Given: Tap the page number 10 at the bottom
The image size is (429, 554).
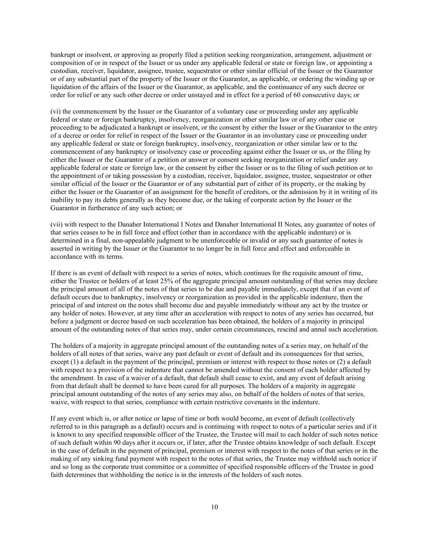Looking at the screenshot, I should point(214,507).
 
